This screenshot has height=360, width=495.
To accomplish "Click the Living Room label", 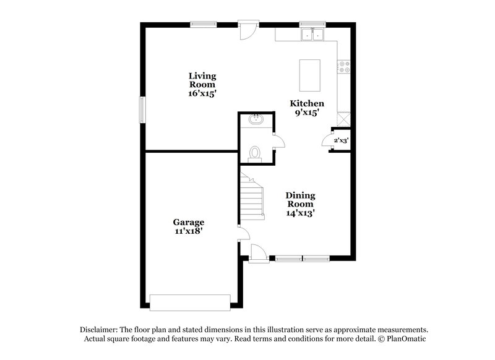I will (x=202, y=80).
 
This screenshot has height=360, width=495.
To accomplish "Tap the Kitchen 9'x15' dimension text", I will (x=307, y=113).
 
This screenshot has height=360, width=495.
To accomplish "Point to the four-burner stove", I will (x=344, y=66).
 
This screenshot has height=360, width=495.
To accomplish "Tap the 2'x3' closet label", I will (x=341, y=140).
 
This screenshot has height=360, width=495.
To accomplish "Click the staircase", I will (x=252, y=197).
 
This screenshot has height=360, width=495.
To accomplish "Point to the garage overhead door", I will (x=190, y=302).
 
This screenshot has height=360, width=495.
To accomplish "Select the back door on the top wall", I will (x=247, y=30).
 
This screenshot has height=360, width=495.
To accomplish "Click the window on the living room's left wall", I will (x=142, y=109).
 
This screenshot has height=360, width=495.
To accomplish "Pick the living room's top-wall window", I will (x=202, y=25).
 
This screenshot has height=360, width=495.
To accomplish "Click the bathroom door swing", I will (x=279, y=141).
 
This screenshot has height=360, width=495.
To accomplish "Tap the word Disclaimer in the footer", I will (x=100, y=330).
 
